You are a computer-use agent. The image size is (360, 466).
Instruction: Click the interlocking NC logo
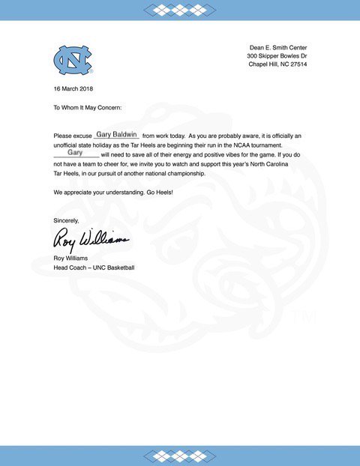pyautogui.click(x=72, y=59)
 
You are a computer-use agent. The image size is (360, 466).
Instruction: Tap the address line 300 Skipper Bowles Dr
pyautogui.click(x=277, y=56)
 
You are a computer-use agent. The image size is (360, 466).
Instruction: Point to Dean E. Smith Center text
pyautogui.click(x=278, y=48)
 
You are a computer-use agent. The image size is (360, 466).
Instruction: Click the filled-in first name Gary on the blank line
pyautogui.click(x=74, y=152)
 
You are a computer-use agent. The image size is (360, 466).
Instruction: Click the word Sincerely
pyautogui.click(x=67, y=220)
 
